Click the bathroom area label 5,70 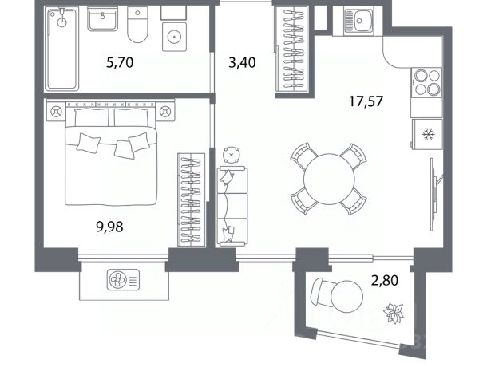point(120,62)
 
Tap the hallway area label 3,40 point(242,62)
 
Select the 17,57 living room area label point(366,101)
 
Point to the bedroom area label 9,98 point(109,227)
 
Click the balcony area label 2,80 point(385,280)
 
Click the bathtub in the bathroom point(61,49)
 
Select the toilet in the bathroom point(137,25)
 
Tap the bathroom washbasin point(103,19)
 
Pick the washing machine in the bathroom point(174,37)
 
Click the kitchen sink point(358,21)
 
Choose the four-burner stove point(426,82)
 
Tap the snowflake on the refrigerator point(428,134)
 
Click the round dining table point(329,179)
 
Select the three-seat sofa point(232,206)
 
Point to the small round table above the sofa point(232,155)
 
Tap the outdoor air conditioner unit point(124,279)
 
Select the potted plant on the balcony point(394,313)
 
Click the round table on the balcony point(347,296)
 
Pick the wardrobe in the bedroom point(192,199)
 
